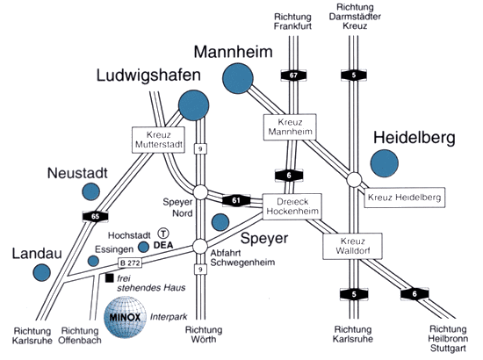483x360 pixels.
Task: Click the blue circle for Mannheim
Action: [x=237, y=78]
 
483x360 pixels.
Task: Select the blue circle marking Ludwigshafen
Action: [x=194, y=105]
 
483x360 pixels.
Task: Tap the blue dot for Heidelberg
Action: [x=384, y=163]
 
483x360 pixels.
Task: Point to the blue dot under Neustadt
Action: [x=90, y=191]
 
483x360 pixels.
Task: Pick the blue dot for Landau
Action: [x=42, y=272]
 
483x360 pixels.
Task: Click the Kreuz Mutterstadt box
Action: [x=159, y=140]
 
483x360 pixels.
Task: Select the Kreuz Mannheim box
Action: [x=290, y=126]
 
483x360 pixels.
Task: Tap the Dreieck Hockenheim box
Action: [x=292, y=206]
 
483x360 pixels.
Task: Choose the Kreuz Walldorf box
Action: [x=353, y=246]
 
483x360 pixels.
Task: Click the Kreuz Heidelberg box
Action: [x=405, y=198]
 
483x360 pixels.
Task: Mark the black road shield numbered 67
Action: [x=293, y=76]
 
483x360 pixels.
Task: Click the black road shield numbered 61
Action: [x=236, y=201]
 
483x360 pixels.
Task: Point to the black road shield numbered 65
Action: [x=95, y=217]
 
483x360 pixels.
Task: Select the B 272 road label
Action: [x=130, y=263]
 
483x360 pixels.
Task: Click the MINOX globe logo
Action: [x=125, y=317]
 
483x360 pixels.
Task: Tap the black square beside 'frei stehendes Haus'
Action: [x=110, y=278]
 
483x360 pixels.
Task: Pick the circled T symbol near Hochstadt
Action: [x=163, y=234]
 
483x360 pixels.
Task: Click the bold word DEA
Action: [x=163, y=246]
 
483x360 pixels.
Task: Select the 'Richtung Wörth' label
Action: [x=204, y=335]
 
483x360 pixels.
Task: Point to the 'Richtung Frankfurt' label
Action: [x=292, y=21]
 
